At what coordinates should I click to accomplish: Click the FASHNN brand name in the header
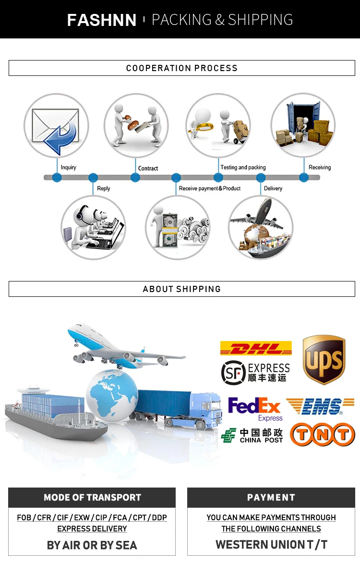pos(102,20)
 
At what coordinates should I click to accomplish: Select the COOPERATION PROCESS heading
pos(181,68)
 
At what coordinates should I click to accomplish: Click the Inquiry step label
pos(69,168)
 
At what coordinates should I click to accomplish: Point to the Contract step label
pos(148,168)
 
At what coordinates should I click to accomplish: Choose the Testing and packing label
pos(243,168)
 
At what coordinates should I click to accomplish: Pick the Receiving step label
pos(320,168)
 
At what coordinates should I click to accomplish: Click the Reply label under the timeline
pos(104,188)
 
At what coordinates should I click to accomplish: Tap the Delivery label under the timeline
pos(273,188)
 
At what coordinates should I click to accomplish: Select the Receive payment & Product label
pos(210,188)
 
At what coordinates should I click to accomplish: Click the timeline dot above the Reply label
pos(93,178)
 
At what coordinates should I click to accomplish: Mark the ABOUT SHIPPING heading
pos(181,289)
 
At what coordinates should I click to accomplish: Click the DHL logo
pos(256,348)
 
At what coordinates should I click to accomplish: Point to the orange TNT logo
pos(323,435)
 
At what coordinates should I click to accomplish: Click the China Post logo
pos(252,435)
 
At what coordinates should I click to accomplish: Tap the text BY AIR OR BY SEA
pos(92,545)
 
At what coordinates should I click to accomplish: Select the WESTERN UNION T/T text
pos(271,545)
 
